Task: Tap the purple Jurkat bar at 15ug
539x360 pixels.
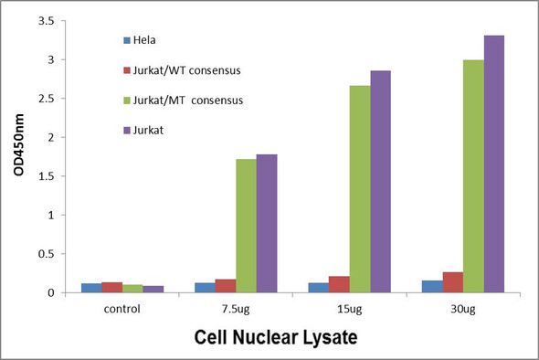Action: pyautogui.click(x=380, y=182)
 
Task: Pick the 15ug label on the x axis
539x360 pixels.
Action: pyautogui.click(x=349, y=309)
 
